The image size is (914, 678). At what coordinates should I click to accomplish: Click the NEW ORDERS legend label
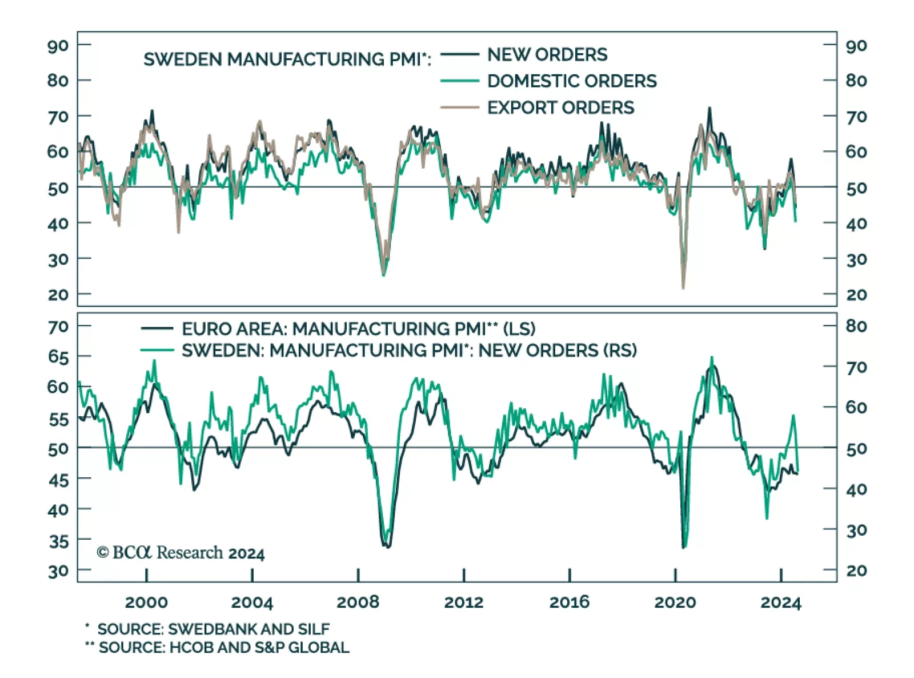[x=547, y=55]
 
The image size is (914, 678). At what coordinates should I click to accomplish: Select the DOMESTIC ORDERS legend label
[x=571, y=81]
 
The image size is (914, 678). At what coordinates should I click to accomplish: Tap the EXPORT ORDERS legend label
[x=560, y=107]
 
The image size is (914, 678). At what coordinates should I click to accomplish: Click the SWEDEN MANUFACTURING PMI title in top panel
[x=287, y=59]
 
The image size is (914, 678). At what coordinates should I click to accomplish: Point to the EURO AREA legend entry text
[x=358, y=329]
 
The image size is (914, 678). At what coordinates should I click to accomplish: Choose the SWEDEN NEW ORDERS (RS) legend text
[x=408, y=350]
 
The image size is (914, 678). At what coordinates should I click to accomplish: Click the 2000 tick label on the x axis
[x=146, y=602]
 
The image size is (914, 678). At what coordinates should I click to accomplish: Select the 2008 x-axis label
[x=358, y=602]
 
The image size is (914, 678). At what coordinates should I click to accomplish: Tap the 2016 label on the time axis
[x=569, y=602]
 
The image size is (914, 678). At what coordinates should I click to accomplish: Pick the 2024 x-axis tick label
[x=780, y=602]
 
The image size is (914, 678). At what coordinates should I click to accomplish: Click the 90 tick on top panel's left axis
[x=58, y=46]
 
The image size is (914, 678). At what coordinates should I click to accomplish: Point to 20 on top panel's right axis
[x=856, y=295]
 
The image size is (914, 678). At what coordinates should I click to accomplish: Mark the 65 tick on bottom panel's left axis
[x=58, y=357]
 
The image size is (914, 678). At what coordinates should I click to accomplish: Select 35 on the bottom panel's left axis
[x=58, y=541]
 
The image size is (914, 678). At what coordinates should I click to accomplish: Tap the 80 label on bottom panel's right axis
[x=856, y=326]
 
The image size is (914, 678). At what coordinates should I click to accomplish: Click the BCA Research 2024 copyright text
[x=181, y=553]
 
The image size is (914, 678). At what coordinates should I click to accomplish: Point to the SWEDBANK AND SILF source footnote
[x=213, y=629]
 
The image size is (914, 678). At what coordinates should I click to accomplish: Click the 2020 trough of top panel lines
[x=683, y=287]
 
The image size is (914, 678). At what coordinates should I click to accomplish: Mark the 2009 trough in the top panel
[x=383, y=274]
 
